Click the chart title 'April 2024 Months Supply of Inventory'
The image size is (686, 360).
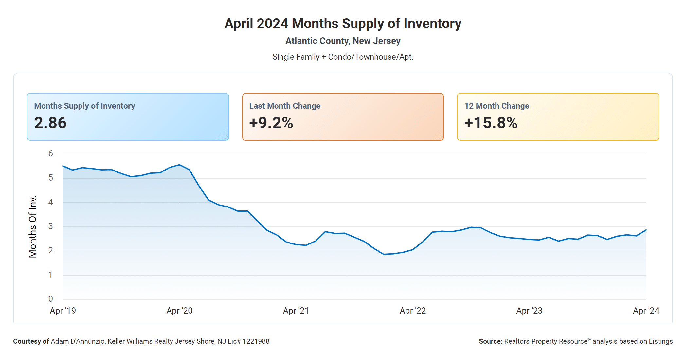343,24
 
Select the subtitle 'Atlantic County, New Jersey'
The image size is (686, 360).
343,41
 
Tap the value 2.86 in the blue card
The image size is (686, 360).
50,123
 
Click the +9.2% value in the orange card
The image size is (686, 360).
271,123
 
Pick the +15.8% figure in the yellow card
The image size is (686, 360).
491,123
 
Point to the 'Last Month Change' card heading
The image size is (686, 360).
285,106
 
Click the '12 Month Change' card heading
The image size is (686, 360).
496,106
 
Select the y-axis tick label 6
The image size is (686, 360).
51,153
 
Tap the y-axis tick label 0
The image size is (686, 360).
51,299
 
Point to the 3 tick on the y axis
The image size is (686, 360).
51,226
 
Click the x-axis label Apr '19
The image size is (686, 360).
63,311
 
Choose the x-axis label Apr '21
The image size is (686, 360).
296,311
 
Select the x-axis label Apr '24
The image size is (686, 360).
646,311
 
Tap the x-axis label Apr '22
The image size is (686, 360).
413,311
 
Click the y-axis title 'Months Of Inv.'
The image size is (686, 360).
33,226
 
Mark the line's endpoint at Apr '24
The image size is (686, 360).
646,230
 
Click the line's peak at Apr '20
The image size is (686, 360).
179,165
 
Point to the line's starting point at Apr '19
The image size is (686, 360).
63,166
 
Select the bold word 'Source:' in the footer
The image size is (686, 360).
490,341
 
